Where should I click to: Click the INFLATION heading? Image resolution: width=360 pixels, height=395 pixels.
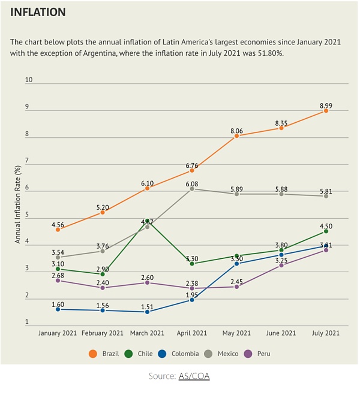(x=38, y=12)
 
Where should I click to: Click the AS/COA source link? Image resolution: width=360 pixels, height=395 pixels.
(x=194, y=376)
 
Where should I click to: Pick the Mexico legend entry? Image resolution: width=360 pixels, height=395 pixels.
(x=221, y=354)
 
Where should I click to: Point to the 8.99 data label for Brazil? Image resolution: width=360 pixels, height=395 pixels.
(x=325, y=105)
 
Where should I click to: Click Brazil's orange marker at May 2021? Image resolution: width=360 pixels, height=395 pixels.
(x=236, y=136)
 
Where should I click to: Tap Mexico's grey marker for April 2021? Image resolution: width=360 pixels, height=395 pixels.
(x=192, y=189)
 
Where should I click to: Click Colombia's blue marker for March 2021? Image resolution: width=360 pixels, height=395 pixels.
(x=147, y=312)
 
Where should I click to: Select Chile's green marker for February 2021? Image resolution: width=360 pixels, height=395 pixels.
(x=103, y=274)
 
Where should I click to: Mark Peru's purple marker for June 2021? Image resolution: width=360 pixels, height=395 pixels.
(x=281, y=265)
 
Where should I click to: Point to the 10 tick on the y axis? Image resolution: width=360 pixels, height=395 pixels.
(x=28, y=80)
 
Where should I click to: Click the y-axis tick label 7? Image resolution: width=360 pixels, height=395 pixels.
(x=27, y=161)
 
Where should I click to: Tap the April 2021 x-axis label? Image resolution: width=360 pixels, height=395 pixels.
(x=192, y=333)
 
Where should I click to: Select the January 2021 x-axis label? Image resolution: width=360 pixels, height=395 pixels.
(x=58, y=333)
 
